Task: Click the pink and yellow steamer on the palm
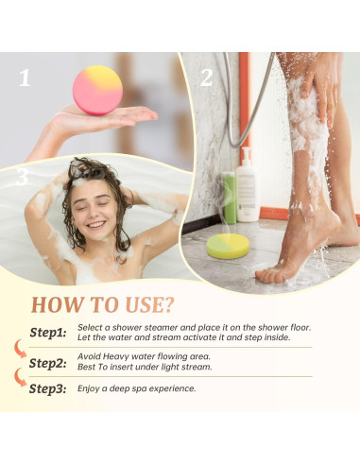coord(97,89)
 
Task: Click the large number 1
coord(25,77)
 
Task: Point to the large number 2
coord(206,77)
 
